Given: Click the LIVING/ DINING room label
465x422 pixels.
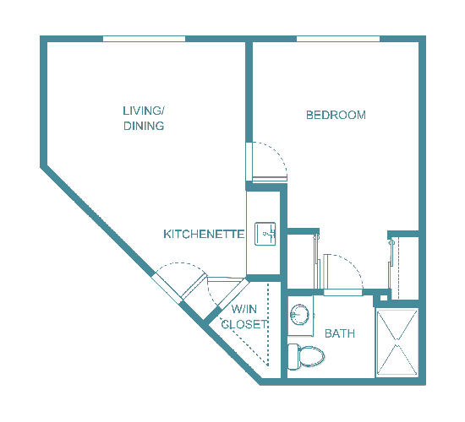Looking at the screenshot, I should pyautogui.click(x=143, y=118).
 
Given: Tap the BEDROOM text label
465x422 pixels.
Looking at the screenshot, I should pyautogui.click(x=336, y=115).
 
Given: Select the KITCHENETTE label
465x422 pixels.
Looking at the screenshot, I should pyautogui.click(x=204, y=234).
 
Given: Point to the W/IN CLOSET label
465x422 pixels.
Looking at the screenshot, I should pyautogui.click(x=244, y=316).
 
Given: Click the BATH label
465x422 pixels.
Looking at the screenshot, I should pyautogui.click(x=340, y=333).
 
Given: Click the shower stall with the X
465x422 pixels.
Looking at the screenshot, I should pyautogui.click(x=397, y=343).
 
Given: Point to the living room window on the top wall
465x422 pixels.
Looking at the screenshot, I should pyautogui.click(x=144, y=38).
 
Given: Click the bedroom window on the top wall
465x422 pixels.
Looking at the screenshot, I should pyautogui.click(x=338, y=38).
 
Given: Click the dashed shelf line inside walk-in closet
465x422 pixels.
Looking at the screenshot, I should pyautogui.click(x=269, y=325).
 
